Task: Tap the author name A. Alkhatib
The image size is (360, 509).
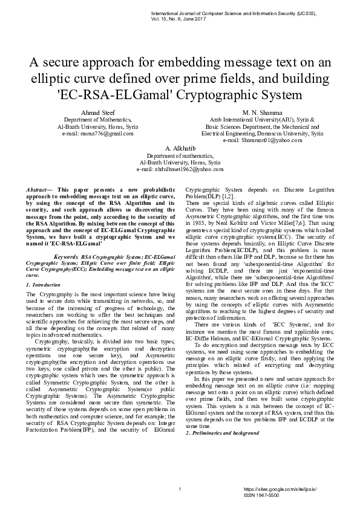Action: (180, 148)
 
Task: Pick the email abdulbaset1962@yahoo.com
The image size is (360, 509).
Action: (180, 170)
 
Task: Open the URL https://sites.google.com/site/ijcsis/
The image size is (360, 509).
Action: (280, 488)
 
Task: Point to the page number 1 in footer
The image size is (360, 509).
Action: (180, 488)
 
